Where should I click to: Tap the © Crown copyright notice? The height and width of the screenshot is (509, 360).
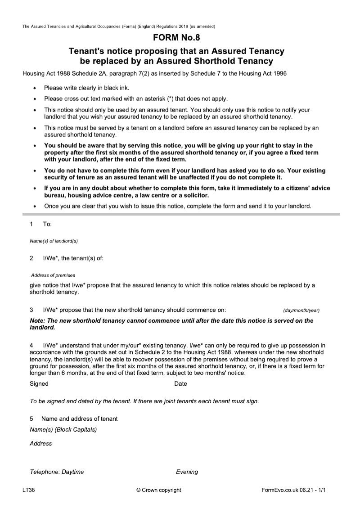pos(158,490)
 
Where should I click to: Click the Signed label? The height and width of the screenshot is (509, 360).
pos(39,384)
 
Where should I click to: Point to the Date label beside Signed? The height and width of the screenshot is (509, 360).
pos(180,384)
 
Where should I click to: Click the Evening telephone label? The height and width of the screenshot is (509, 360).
pos(187,472)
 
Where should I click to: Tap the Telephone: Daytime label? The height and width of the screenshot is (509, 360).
pos(57,472)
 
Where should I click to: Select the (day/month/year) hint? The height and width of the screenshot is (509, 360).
pos(301,311)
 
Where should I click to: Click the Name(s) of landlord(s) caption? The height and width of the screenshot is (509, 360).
pos(54,241)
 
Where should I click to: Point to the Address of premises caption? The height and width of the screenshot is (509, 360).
pos(53,275)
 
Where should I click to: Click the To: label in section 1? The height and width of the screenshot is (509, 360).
pos(47,224)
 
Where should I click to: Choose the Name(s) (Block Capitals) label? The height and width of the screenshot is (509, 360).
pos(63,430)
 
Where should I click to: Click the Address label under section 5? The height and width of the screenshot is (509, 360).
pos(40,444)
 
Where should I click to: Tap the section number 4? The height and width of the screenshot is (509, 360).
pos(31,344)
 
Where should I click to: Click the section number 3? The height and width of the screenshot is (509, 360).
pos(31,310)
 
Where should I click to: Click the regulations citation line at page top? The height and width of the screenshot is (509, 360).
pos(119,27)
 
